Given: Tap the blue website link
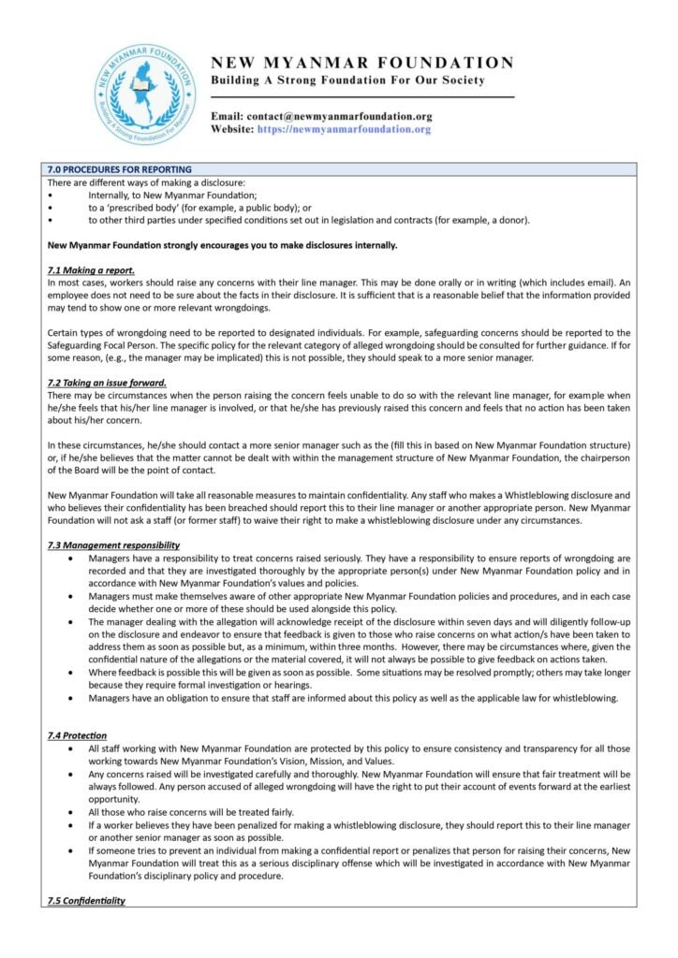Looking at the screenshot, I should [344, 129].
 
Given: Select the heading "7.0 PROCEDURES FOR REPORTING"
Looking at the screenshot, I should [120, 169].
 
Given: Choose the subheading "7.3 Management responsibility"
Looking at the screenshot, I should [113, 545].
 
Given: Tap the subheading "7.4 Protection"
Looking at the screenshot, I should [77, 735].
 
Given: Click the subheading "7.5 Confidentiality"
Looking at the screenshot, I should [86, 900].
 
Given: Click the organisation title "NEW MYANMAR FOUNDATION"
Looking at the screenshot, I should [362, 63].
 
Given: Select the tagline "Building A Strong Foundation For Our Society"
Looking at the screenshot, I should [347, 80].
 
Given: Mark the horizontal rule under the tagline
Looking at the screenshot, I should [362, 96].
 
